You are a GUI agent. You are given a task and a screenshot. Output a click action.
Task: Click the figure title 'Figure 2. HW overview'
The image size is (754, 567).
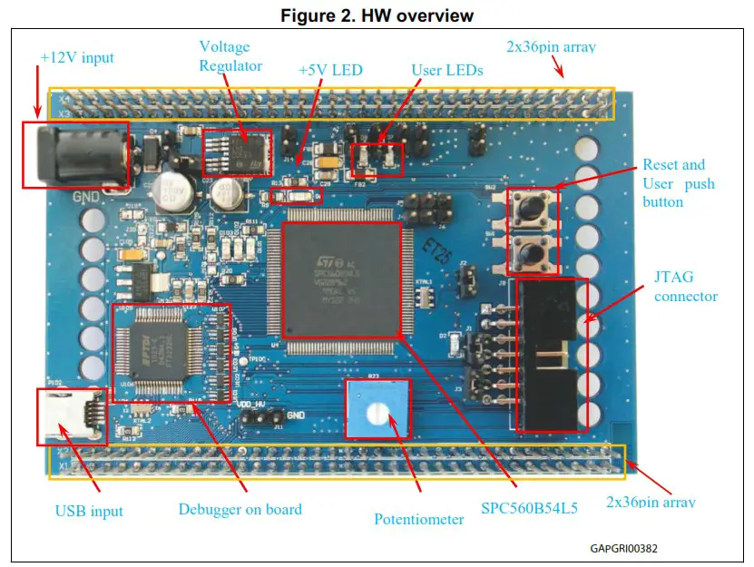click(x=377, y=15)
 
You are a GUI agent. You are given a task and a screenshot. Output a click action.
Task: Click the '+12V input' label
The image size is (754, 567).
click(x=77, y=58)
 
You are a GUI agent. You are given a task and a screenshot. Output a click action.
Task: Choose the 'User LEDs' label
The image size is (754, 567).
click(x=447, y=70)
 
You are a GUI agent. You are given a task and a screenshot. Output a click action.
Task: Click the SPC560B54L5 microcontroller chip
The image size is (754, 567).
click(x=340, y=281)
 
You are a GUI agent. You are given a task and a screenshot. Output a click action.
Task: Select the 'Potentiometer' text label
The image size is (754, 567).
click(x=416, y=519)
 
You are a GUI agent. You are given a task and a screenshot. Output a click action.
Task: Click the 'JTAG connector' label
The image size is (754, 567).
click(x=686, y=287)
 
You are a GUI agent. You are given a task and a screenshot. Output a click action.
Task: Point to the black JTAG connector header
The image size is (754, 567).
click(x=547, y=354)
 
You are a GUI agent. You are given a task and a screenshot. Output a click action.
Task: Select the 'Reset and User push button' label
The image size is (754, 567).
click(x=679, y=183)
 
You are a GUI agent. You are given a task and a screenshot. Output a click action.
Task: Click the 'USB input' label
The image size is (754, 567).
click(x=89, y=511)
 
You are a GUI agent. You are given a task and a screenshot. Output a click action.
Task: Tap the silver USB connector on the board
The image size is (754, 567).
click(x=71, y=416)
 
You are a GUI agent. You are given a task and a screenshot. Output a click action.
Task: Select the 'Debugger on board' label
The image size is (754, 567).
click(x=240, y=509)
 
